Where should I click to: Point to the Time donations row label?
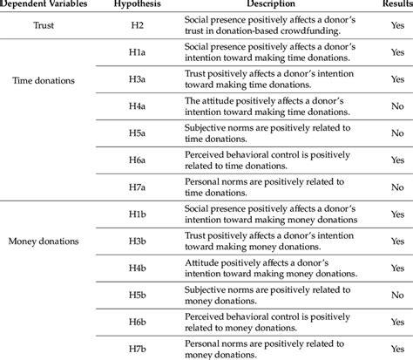[44, 80]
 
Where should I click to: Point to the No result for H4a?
[396, 106]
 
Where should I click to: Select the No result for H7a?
[396, 187]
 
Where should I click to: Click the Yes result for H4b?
[396, 267]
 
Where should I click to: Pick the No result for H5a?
[396, 133]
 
